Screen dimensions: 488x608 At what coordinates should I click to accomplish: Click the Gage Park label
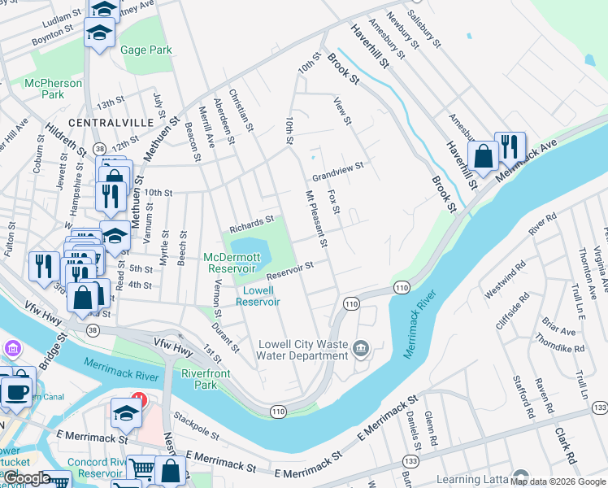[146, 50]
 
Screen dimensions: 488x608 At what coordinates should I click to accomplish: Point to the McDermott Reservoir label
[232, 262]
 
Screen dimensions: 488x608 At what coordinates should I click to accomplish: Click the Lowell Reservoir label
[258, 295]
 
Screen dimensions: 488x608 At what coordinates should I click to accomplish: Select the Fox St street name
[332, 198]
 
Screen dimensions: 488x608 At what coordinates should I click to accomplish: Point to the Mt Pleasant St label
[315, 220]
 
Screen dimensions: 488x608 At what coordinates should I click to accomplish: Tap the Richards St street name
[251, 220]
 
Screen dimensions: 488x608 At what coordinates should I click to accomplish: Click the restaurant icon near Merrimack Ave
[510, 146]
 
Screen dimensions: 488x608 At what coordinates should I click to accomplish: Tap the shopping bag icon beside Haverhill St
[484, 155]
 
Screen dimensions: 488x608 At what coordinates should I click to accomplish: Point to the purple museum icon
[13, 350]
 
